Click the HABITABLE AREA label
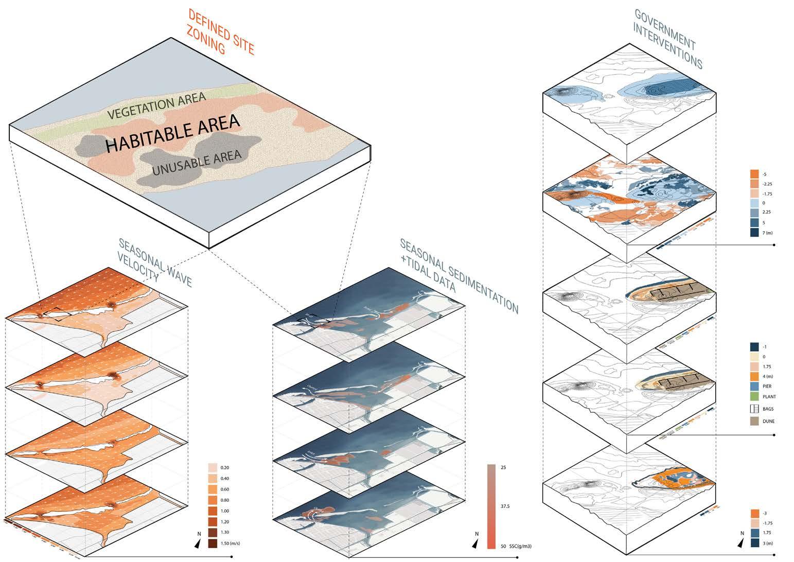tap(172, 133)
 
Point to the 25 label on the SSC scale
tap(503, 467)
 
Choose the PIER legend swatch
tap(755, 387)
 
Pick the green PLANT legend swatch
tap(755, 397)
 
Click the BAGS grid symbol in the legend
tap(755, 409)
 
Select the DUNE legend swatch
tap(755, 420)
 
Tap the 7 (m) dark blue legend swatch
tap(755, 233)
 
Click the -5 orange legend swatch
tap(755, 174)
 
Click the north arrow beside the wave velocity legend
tap(198, 543)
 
